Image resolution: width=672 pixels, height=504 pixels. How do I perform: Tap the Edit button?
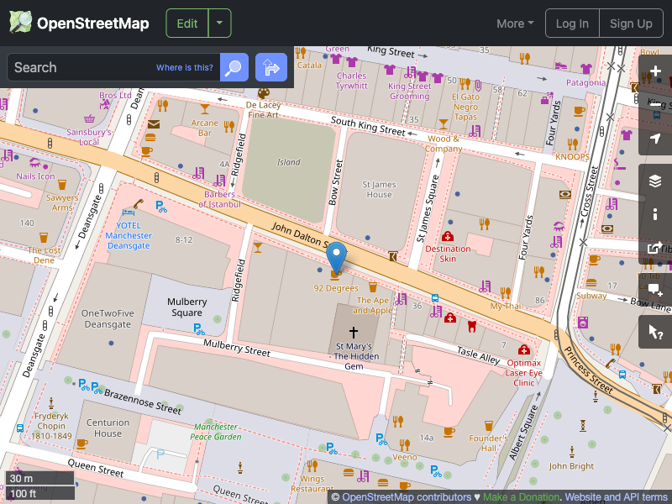pyautogui.click(x=187, y=24)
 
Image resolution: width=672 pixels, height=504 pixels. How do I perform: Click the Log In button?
pyautogui.click(x=573, y=24)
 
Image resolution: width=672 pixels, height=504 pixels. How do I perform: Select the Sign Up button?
pyautogui.click(x=631, y=24)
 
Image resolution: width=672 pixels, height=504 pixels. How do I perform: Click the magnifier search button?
pyautogui.click(x=234, y=67)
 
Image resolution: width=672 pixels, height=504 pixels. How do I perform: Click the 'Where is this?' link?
pyautogui.click(x=185, y=68)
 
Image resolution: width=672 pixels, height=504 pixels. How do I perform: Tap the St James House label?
pyautogui.click(x=379, y=189)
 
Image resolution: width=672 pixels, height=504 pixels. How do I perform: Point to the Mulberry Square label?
pyautogui.click(x=186, y=307)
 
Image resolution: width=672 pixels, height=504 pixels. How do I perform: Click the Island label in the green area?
pyautogui.click(x=289, y=162)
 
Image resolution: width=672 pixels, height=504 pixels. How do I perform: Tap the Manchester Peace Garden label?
pyautogui.click(x=216, y=432)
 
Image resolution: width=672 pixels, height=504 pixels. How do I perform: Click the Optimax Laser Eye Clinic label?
pyautogui.click(x=525, y=372)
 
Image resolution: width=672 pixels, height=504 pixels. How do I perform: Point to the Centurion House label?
pyautogui.click(x=108, y=428)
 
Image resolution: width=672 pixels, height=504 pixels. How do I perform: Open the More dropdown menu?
pyautogui.click(x=515, y=24)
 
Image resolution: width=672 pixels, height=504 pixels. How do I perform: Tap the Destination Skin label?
pyautogui.click(x=448, y=254)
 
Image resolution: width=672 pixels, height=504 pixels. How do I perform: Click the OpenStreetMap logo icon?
pyautogui.click(x=21, y=23)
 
